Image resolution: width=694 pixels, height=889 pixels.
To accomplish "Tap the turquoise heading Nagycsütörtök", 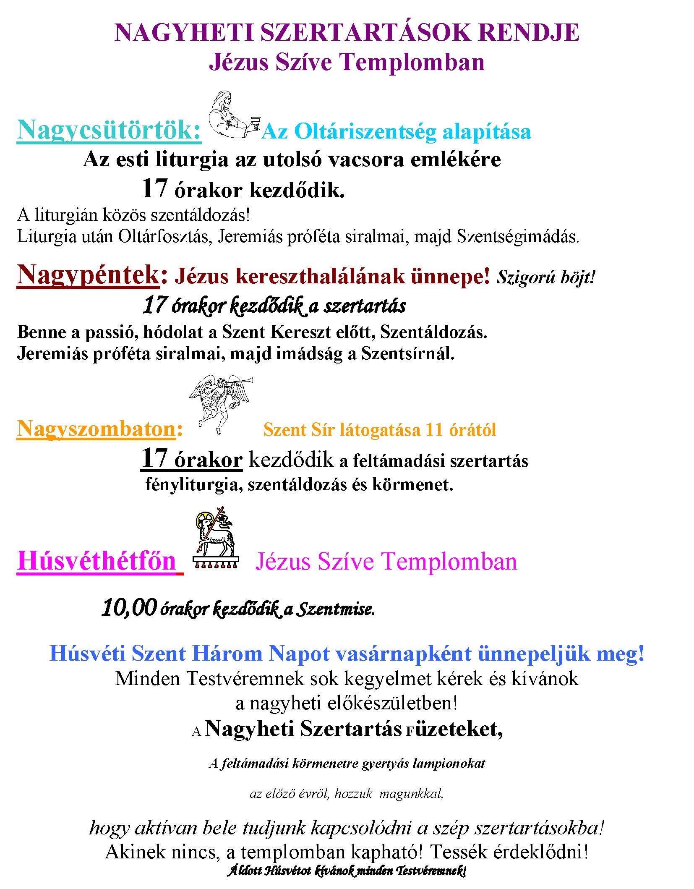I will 108,131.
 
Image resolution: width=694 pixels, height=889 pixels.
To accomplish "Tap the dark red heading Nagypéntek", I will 87,276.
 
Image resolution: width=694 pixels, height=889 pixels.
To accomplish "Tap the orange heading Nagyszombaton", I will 96,429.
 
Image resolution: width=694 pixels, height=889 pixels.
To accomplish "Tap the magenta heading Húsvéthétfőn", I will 97,561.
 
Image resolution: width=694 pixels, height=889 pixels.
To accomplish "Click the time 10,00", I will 129,608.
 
